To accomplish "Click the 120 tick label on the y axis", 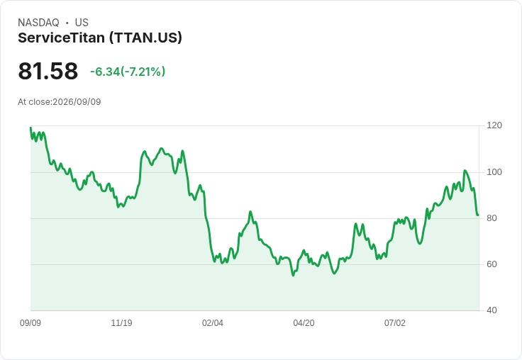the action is point(494,125).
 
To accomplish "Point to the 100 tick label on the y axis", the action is point(494,172).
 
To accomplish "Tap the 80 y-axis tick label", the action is point(492,218).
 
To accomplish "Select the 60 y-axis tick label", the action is point(492,264).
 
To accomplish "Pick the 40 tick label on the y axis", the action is point(492,310).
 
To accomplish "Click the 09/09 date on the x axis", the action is point(30,322).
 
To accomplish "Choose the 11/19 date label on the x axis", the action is point(121,322).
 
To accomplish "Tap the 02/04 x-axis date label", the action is point(212,322).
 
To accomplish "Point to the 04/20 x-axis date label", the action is point(304,322).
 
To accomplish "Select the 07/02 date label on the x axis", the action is point(395,322).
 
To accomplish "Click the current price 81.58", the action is point(48,71).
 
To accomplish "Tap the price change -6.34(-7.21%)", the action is point(128,72).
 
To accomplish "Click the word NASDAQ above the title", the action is point(38,23).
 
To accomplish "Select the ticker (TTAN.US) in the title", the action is point(146,38).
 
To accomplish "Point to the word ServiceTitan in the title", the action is point(61,38).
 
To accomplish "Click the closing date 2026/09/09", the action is point(77,102).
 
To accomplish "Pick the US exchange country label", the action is point(82,23).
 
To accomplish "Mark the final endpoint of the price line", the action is point(479,215).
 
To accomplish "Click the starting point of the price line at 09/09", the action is point(30,127).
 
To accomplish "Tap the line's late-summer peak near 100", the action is point(465,171).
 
